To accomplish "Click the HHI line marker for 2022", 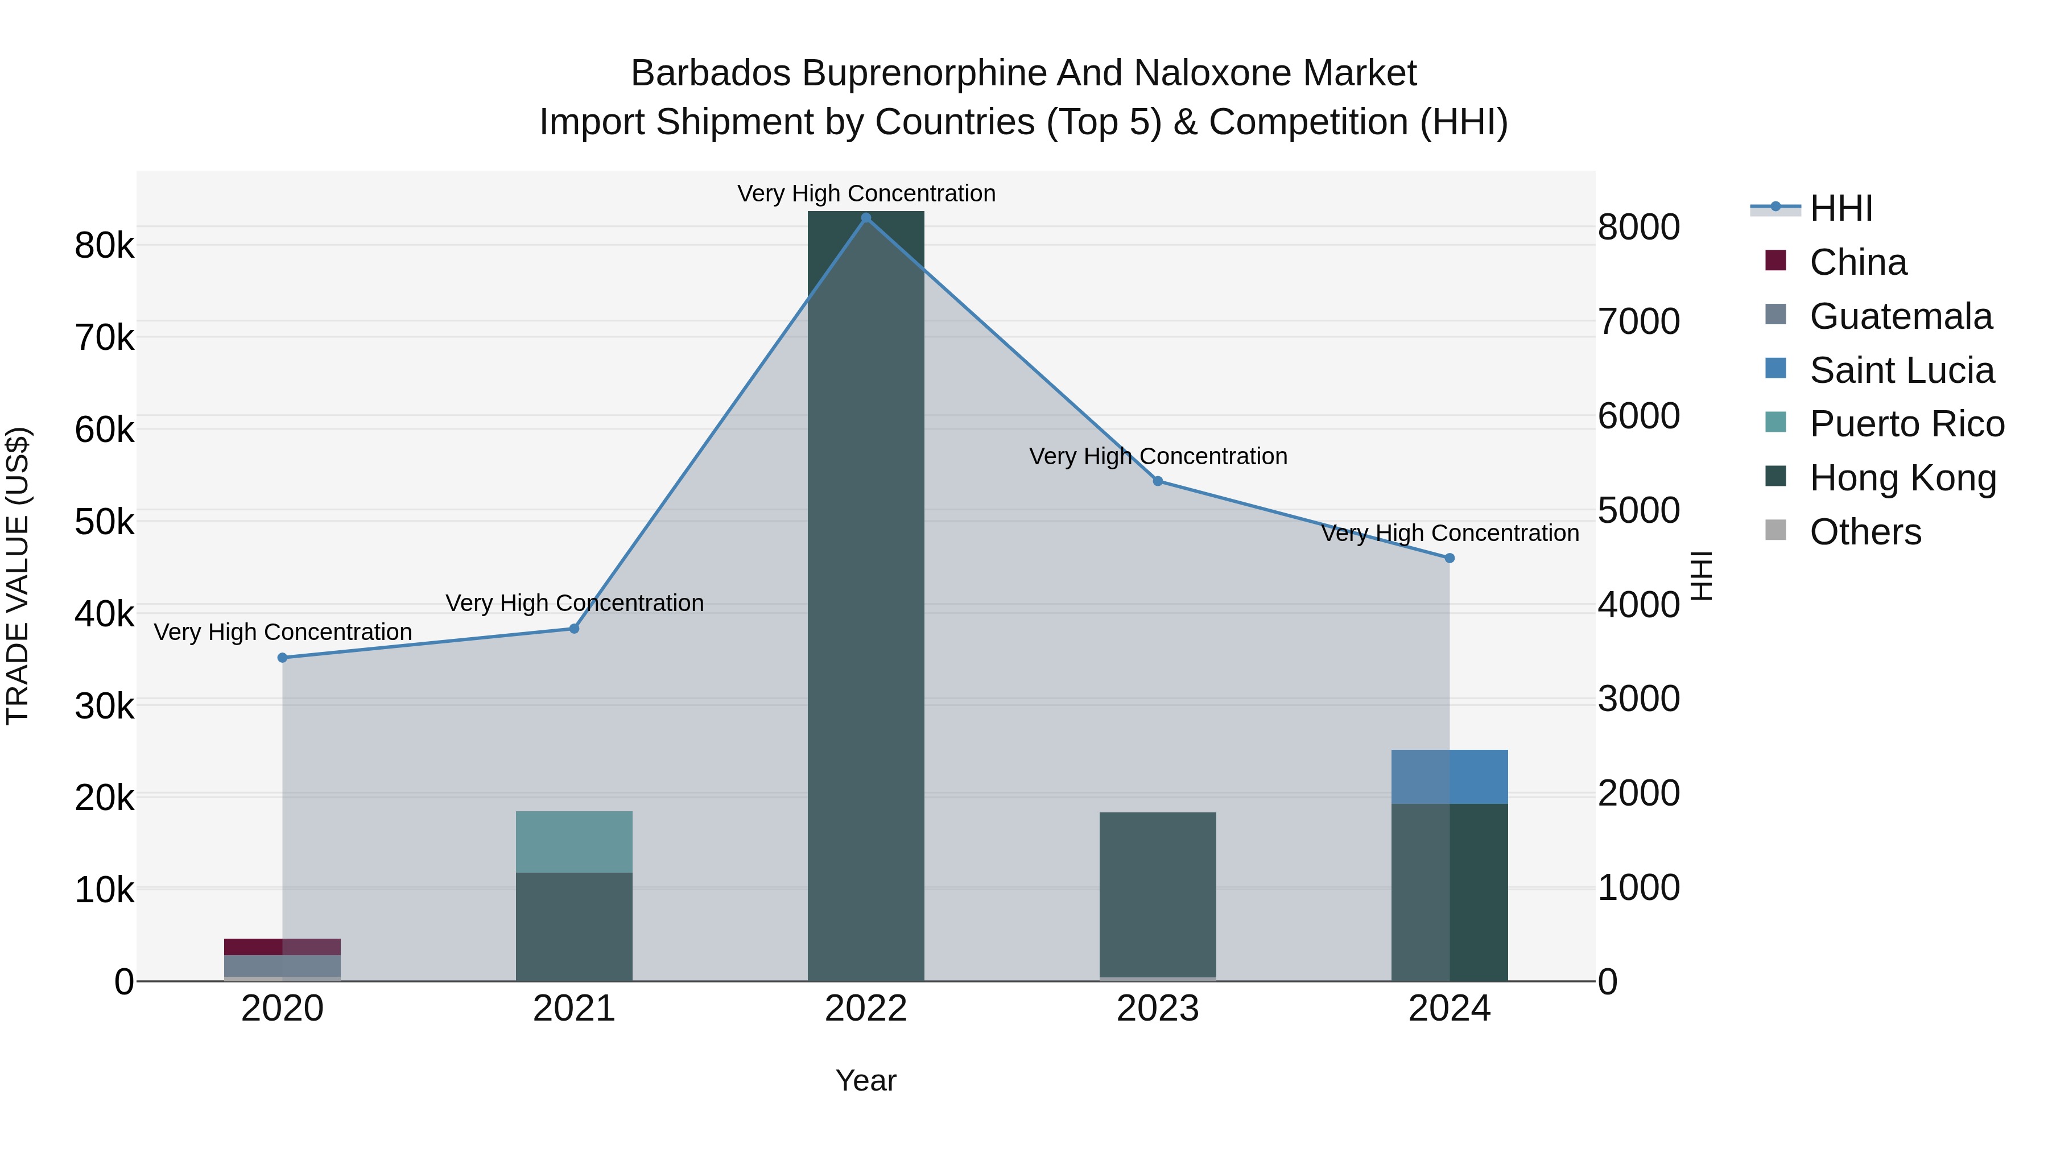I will pyautogui.click(x=866, y=218).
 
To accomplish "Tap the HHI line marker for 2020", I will pyautogui.click(x=282, y=658).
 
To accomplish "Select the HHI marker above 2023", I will pyautogui.click(x=1158, y=481).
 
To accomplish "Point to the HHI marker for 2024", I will pyautogui.click(x=1450, y=558).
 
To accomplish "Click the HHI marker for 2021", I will pyautogui.click(x=574, y=629).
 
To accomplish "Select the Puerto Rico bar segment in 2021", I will pyautogui.click(x=574, y=842).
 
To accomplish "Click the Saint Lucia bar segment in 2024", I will pyautogui.click(x=1450, y=777).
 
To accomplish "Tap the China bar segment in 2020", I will pyautogui.click(x=282, y=947).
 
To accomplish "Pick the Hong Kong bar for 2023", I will pyautogui.click(x=1158, y=894).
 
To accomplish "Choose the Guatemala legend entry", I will pyautogui.click(x=1900, y=316).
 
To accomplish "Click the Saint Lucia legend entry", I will pyautogui.click(x=1902, y=370).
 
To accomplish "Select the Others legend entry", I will pyautogui.click(x=1865, y=532).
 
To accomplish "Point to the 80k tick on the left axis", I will pyautogui.click(x=104, y=246).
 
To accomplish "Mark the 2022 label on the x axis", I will pyautogui.click(x=866, y=1009).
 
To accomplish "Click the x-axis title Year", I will pyautogui.click(x=866, y=1080).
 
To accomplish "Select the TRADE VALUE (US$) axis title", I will pyautogui.click(x=18, y=576).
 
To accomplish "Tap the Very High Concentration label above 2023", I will pyautogui.click(x=1158, y=456).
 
